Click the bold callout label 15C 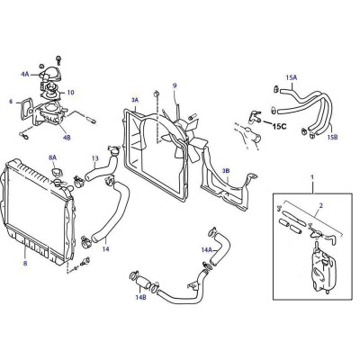[279, 127]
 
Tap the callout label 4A [25, 74]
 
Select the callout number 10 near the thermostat [70, 92]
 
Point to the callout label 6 [11, 102]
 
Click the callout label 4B [67, 138]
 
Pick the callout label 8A [52, 157]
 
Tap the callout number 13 [95, 158]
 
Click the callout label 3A [135, 100]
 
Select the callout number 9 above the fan [175, 85]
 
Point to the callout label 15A [291, 77]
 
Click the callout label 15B [332, 137]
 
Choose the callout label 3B [226, 170]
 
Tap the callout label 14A [207, 249]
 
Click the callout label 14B [140, 298]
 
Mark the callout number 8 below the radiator [25, 263]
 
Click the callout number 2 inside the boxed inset [321, 206]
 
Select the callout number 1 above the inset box [312, 177]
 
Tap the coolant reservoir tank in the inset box [323, 271]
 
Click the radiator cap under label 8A [57, 173]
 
